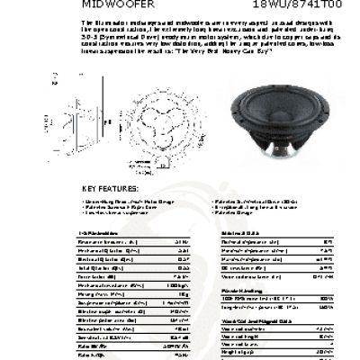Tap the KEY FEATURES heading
tap(112, 188)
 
